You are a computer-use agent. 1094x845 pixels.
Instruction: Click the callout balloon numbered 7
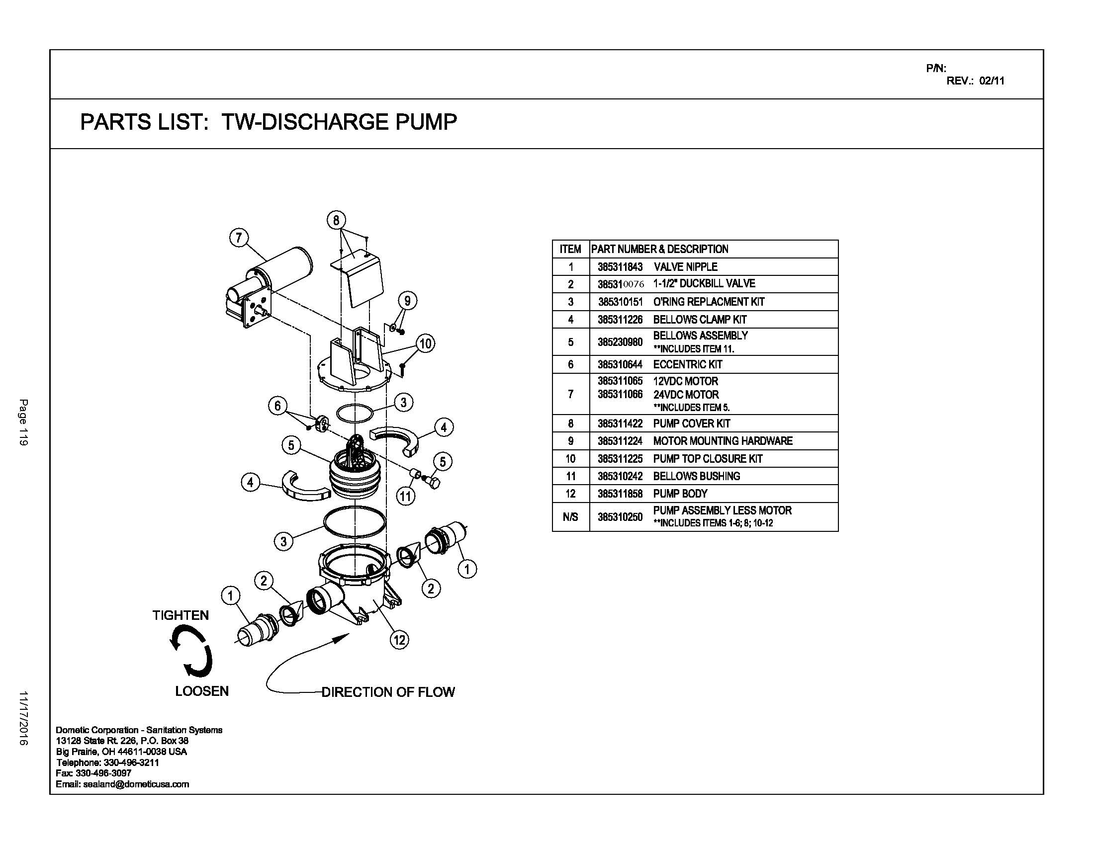[239, 237]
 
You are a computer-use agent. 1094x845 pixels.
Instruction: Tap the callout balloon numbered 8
[336, 220]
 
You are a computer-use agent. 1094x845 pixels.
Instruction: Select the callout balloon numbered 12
[399, 639]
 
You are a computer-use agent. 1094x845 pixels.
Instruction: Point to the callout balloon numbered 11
[405, 496]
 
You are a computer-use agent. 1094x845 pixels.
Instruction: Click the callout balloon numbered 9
[407, 300]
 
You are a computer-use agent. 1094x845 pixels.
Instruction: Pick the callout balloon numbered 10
[425, 343]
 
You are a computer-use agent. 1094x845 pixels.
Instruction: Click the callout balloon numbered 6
[277, 406]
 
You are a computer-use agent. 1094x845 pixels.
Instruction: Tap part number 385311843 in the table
[620, 267]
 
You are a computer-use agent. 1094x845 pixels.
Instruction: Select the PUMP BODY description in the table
[680, 494]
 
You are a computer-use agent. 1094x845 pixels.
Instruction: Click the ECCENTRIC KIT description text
[687, 364]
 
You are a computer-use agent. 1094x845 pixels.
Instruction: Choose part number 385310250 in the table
[620, 517]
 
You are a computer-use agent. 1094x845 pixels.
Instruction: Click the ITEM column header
[570, 249]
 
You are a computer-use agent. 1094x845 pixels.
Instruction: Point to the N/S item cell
[570, 517]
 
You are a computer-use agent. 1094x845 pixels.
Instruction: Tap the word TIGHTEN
[181, 615]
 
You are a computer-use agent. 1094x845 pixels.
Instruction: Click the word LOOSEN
[202, 691]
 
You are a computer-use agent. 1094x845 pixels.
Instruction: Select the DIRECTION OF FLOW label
[388, 692]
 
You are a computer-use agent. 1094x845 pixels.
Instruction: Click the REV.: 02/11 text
[975, 81]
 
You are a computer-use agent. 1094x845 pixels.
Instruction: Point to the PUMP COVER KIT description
[691, 423]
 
